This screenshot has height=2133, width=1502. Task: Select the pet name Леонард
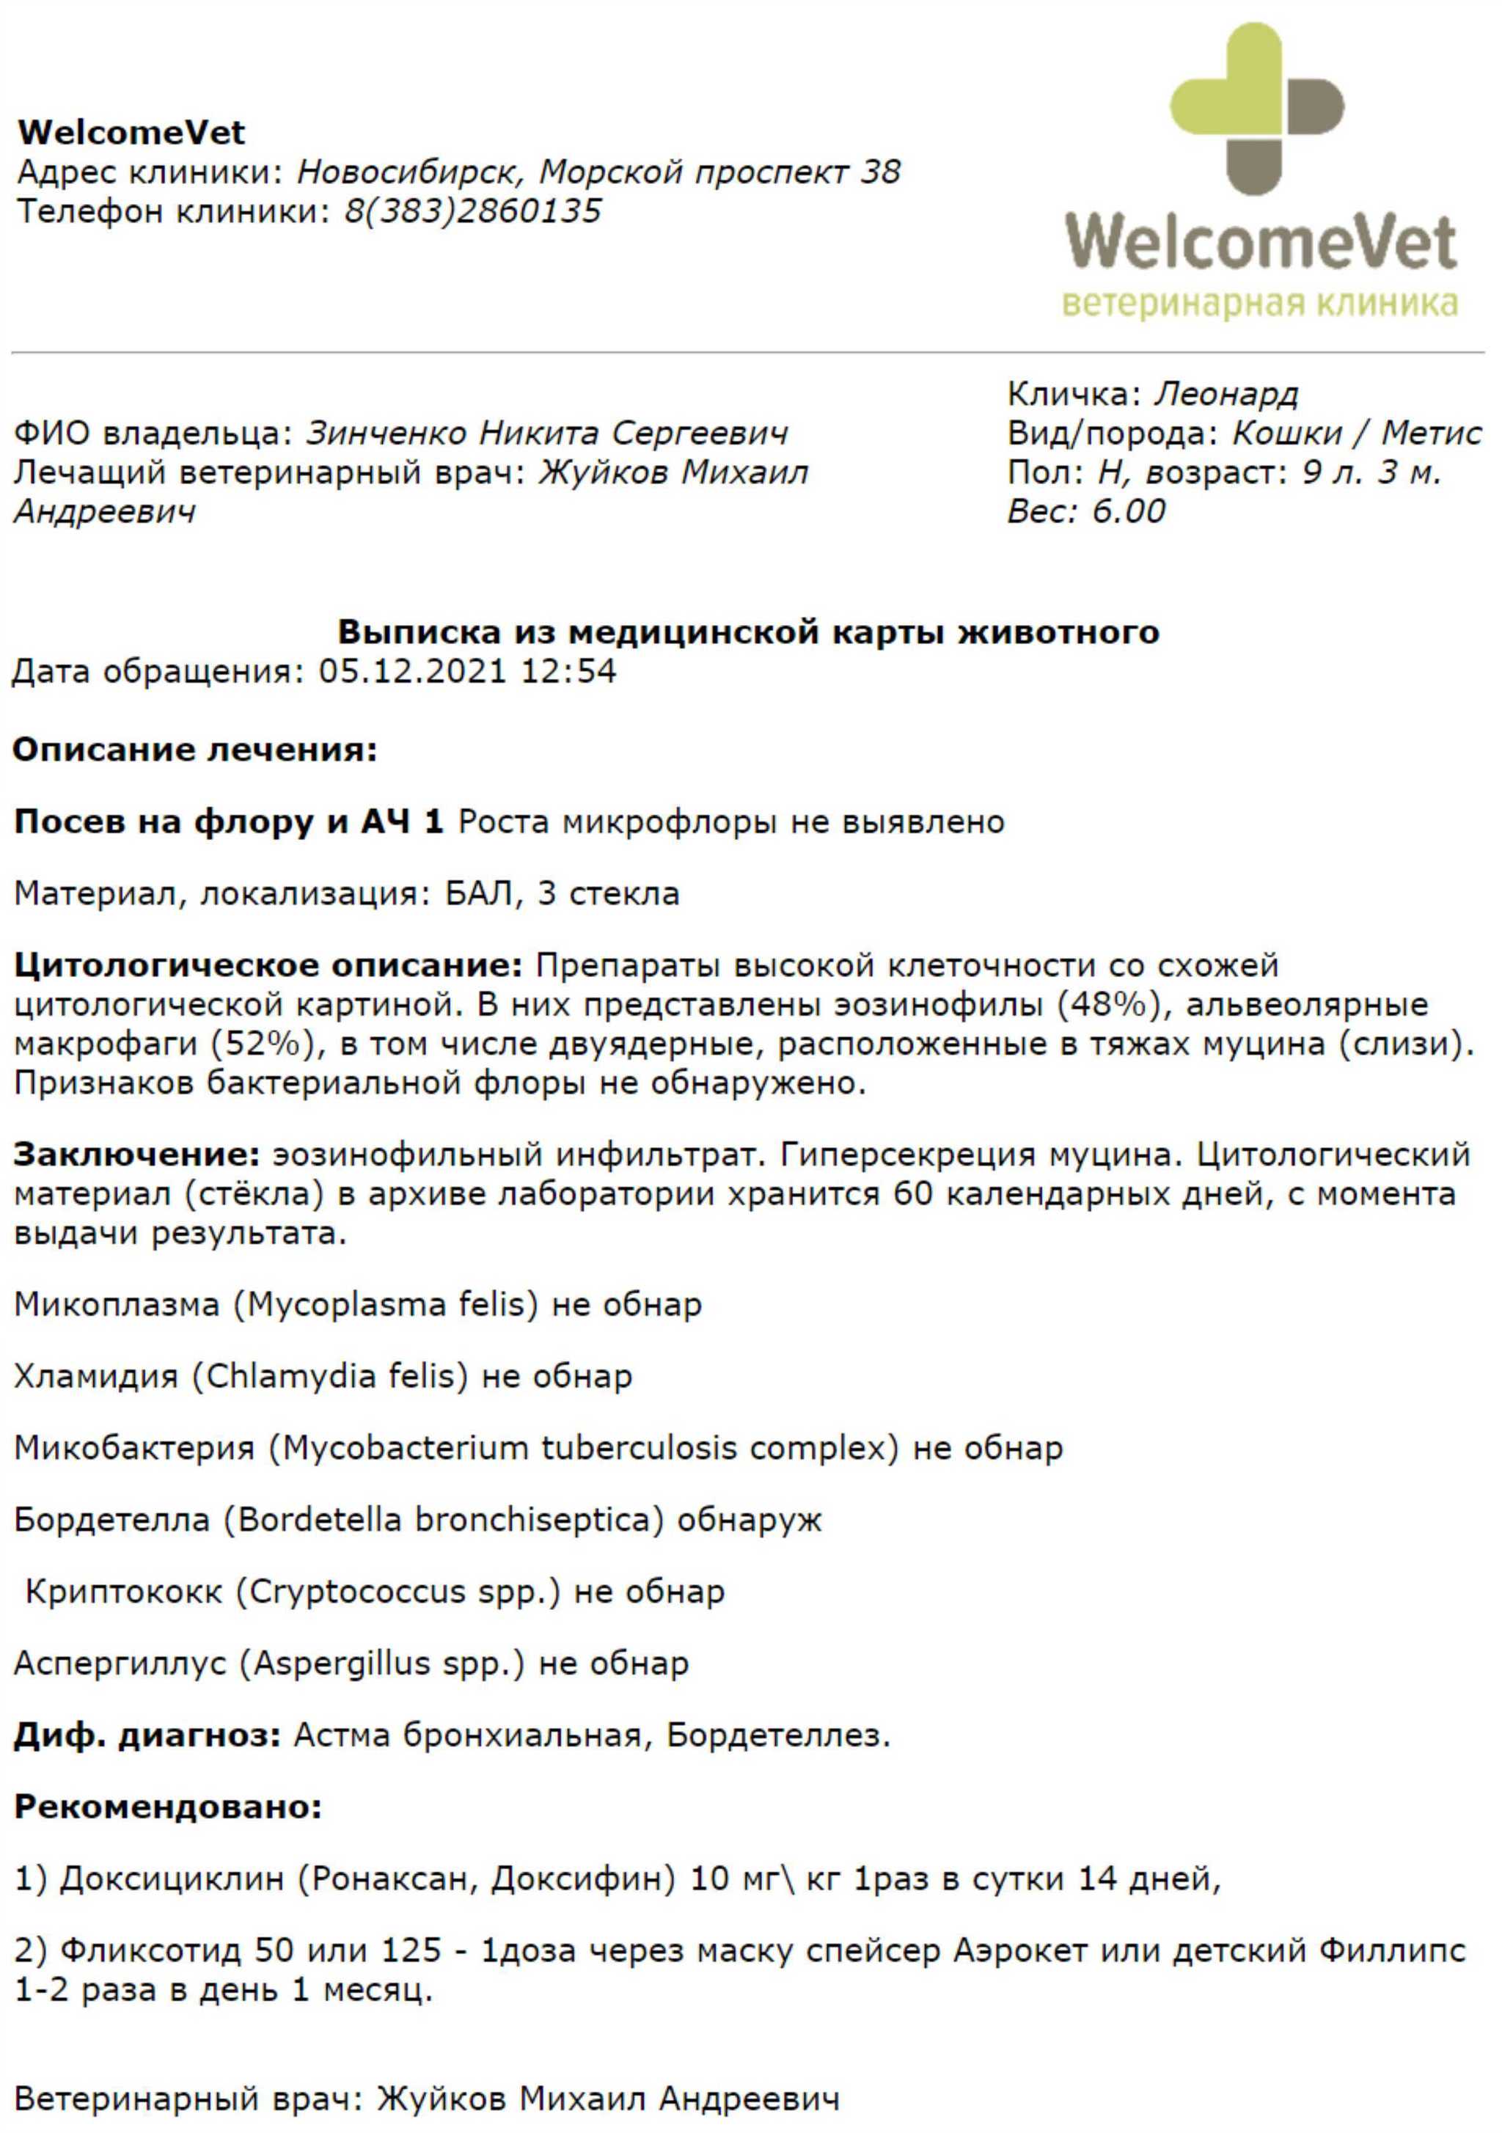(x=1226, y=394)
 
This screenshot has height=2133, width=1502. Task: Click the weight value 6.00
(x=1129, y=511)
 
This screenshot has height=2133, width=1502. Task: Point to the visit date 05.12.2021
(x=412, y=670)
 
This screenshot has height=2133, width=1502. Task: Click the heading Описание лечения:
(x=195, y=749)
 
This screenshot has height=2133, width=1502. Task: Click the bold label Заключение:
(x=136, y=1155)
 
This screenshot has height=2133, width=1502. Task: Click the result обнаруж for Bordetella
(x=750, y=1520)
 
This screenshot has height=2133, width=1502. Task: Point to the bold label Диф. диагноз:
(x=147, y=1735)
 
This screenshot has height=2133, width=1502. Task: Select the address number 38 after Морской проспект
(x=879, y=172)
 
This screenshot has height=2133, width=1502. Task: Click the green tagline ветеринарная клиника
(x=1259, y=304)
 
